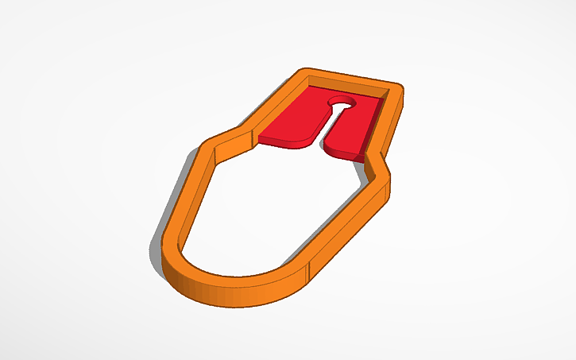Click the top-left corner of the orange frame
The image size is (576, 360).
[x=301, y=73]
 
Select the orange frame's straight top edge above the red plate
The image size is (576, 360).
[x=350, y=79]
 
